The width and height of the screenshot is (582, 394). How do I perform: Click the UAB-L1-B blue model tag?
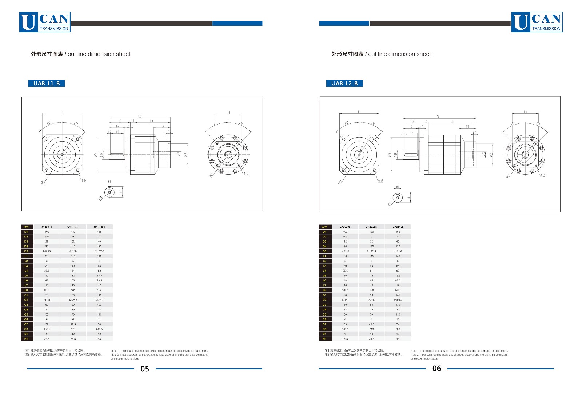[47, 84]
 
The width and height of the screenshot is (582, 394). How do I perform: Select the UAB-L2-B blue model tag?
[344, 84]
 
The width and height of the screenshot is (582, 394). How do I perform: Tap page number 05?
[145, 369]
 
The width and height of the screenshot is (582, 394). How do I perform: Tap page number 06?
[436, 369]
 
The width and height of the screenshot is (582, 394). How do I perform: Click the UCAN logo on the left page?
[45, 22]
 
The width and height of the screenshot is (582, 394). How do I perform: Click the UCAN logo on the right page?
[537, 22]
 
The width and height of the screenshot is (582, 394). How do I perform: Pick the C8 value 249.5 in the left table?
[99, 329]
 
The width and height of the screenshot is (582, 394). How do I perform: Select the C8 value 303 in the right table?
[398, 329]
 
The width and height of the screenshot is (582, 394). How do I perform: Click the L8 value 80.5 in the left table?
[47, 290]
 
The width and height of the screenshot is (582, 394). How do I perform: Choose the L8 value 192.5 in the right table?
[398, 290]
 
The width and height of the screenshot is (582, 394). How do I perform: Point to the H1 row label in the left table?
[26, 339]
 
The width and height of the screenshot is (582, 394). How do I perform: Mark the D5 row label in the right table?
[324, 251]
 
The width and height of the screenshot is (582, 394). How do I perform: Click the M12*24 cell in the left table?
[73, 251]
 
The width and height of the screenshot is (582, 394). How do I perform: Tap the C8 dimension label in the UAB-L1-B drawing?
[140, 116]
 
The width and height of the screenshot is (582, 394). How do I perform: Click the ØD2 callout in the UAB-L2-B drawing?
[380, 181]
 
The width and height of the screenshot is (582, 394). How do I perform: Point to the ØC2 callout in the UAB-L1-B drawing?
[246, 174]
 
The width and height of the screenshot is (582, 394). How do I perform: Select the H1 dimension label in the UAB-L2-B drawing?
[409, 197]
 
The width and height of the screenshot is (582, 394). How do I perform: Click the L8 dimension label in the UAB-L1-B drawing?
[151, 121]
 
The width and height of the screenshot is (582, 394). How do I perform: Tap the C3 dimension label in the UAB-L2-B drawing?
[525, 112]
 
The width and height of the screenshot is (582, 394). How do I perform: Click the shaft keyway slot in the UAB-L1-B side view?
[118, 154]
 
